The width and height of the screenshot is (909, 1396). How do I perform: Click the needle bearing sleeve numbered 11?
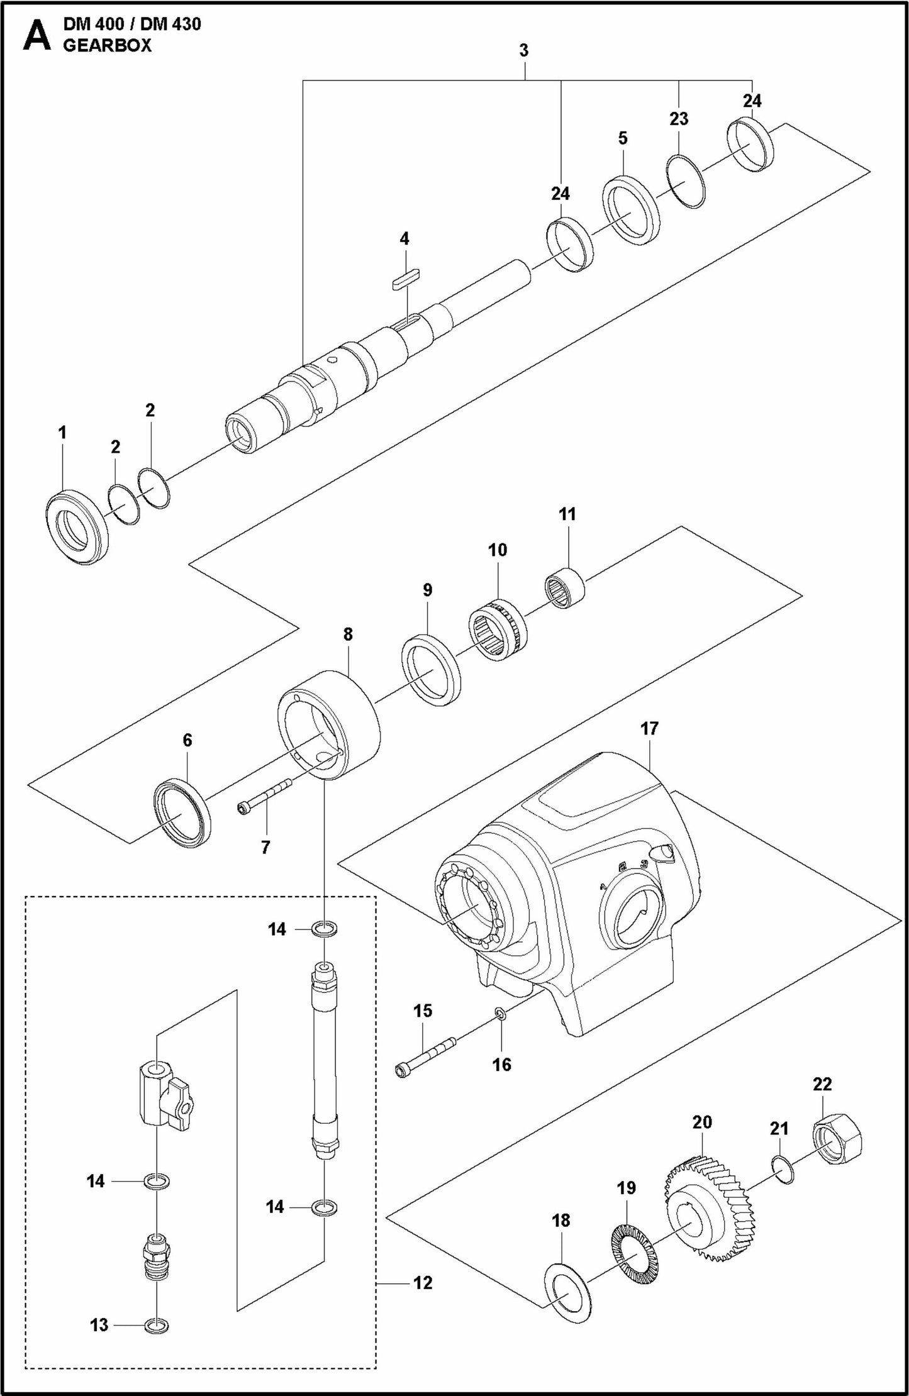[564, 587]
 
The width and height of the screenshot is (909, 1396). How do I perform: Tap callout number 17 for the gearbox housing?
[649, 728]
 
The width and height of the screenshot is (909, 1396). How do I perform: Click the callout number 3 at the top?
[524, 50]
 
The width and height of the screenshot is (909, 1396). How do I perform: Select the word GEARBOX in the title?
[107, 45]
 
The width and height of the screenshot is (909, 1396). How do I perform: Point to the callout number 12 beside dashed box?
[423, 1282]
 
